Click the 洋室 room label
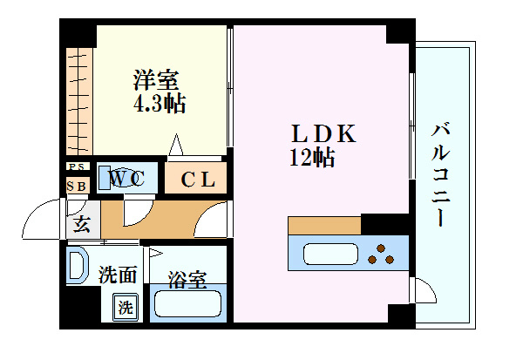[156, 81]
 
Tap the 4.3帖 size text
[159, 104]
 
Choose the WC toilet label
[126, 179]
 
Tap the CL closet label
[198, 180]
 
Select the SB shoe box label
[76, 186]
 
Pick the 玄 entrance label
[81, 225]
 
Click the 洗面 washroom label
[117, 275]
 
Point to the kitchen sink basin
[329, 256]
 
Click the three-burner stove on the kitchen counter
[381, 255]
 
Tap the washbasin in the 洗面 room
[78, 264]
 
